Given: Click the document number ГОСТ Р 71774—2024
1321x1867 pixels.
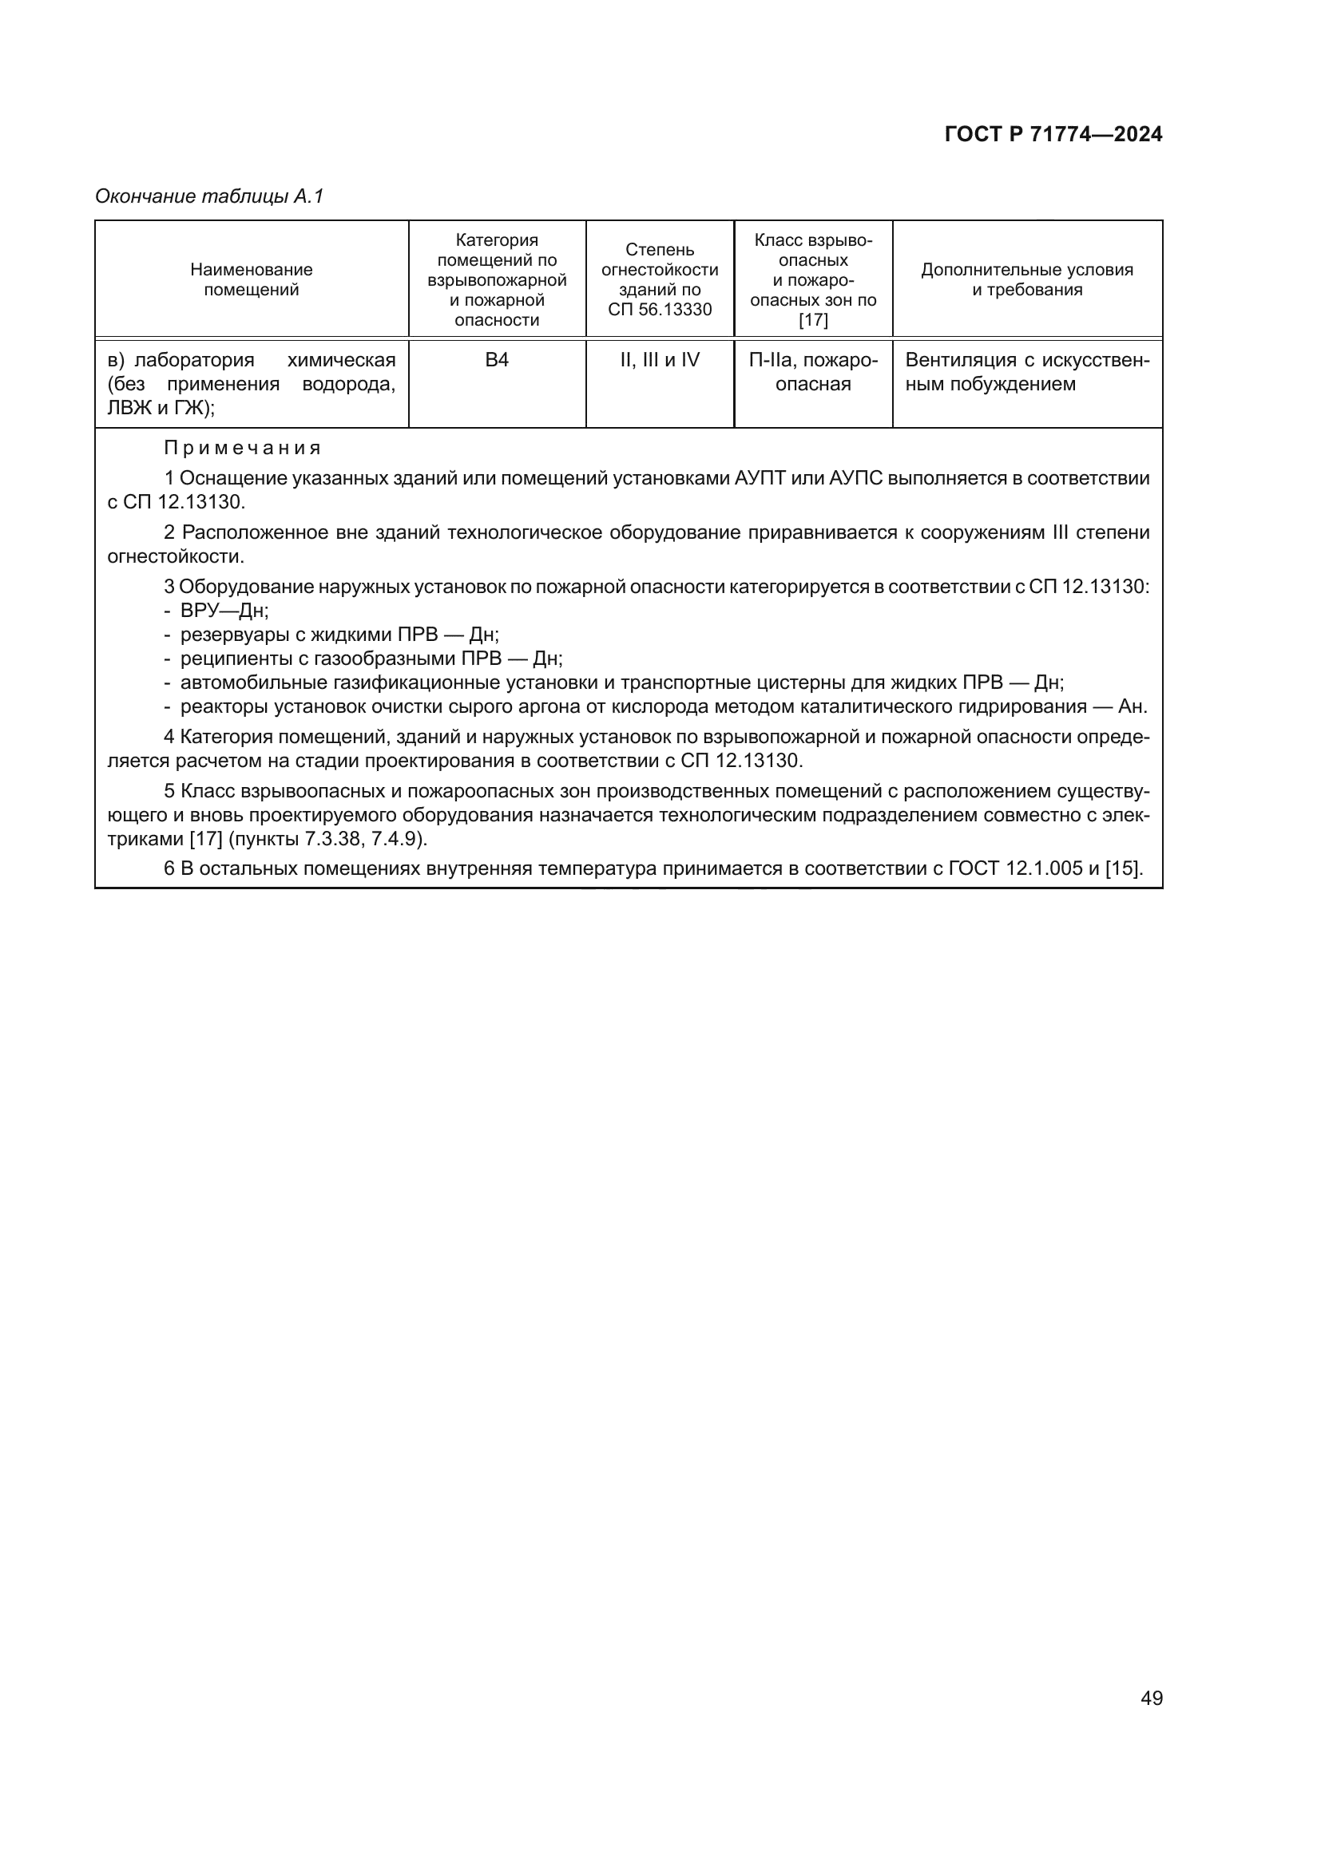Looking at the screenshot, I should point(1053,135).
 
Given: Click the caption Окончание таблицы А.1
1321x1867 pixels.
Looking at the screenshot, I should point(209,196).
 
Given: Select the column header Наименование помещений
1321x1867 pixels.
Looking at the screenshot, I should point(252,279).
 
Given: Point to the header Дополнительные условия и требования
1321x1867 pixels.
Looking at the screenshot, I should point(1026,279).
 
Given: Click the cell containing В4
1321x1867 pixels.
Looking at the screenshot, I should point(496,360).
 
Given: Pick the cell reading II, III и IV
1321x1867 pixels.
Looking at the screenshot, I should point(660,360).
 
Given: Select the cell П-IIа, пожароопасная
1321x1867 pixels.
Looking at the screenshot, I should point(812,372).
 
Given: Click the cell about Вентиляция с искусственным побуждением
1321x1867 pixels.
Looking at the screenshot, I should point(1026,372).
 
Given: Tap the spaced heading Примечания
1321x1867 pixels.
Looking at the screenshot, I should point(243,448).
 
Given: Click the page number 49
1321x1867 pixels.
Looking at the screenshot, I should point(1151,1697).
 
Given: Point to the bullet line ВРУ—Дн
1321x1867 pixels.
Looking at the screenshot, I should point(224,611).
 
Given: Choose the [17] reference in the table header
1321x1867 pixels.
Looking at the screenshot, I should point(812,320).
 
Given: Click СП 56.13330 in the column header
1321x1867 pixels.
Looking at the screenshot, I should point(660,310).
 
